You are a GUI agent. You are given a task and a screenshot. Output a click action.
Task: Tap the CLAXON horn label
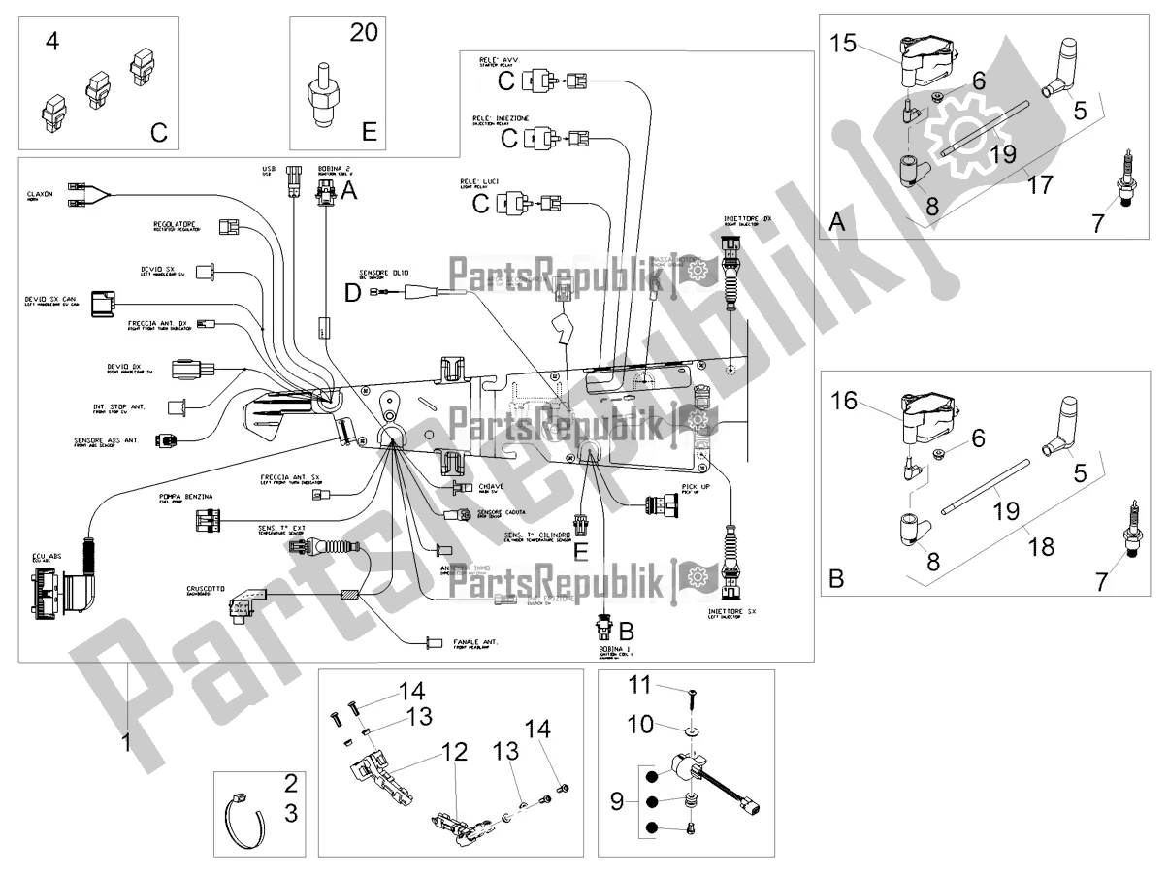(x=40, y=194)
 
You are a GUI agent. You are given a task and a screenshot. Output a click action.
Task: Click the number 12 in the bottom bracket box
(x=455, y=753)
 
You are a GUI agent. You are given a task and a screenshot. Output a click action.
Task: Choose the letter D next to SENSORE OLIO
(x=353, y=291)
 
